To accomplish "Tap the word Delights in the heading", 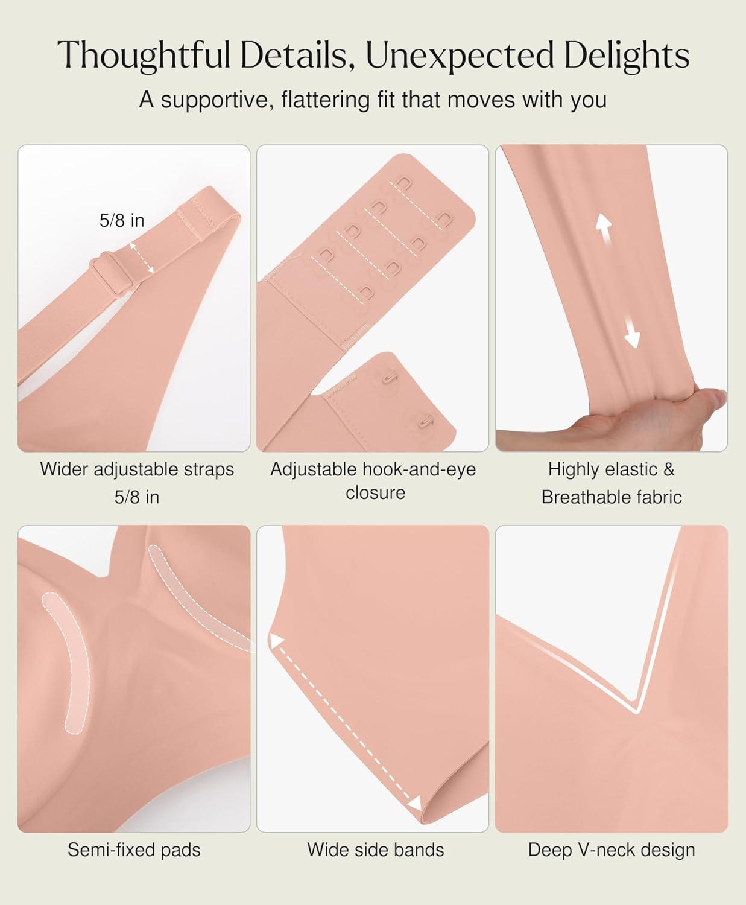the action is point(627,55).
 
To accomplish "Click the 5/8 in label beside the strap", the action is point(122,221).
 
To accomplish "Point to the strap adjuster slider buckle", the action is point(109,273).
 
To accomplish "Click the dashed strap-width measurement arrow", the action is point(142,258).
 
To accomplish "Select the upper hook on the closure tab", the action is point(390,376).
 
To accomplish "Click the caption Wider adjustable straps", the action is point(137,469).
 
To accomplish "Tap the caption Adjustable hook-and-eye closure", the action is point(373,481).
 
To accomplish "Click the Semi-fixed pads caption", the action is point(134,849).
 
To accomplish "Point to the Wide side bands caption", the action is point(376,849).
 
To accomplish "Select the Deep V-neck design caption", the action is point(612,849).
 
